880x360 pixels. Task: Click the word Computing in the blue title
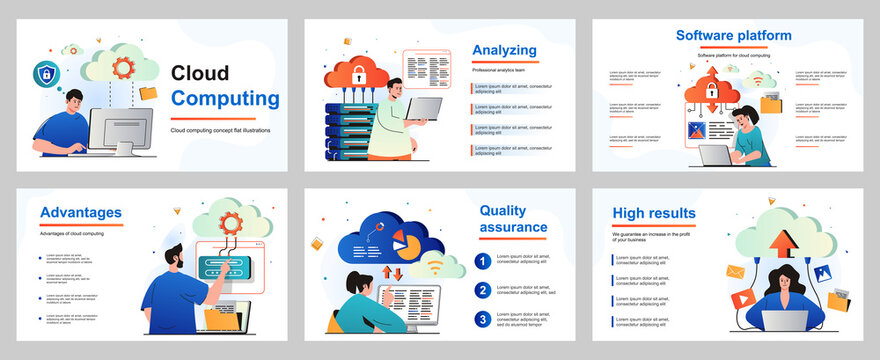[x=225, y=98]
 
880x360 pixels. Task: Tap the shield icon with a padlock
[x=46, y=73]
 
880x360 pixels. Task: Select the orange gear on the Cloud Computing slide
[x=123, y=68]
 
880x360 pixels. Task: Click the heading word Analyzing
[x=504, y=50]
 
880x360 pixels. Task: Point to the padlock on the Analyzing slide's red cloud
[x=358, y=72]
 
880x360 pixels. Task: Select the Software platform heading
[x=733, y=35]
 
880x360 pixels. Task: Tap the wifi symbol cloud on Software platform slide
[x=758, y=78]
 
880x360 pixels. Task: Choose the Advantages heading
[x=81, y=212]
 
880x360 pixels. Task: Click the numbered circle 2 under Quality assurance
[x=482, y=291]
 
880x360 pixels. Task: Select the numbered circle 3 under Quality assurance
[x=482, y=320]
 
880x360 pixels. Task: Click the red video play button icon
[x=743, y=298]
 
